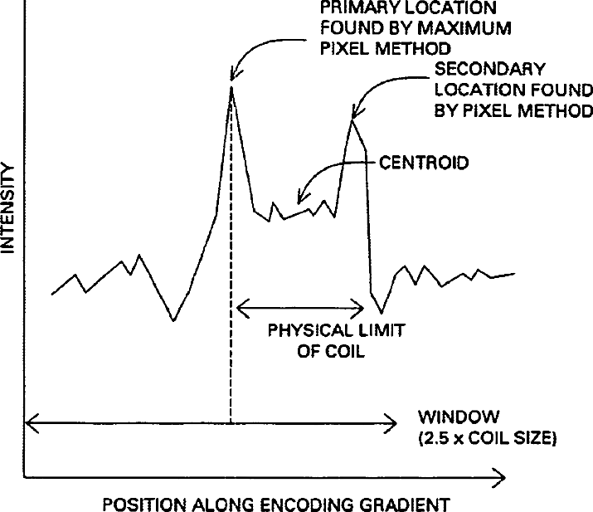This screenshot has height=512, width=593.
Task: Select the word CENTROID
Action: coord(423,163)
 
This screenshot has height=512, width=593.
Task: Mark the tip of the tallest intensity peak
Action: coord(231,85)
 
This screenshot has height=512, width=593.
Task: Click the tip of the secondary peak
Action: coord(352,120)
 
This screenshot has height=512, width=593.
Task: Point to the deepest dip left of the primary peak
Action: coord(173,319)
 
